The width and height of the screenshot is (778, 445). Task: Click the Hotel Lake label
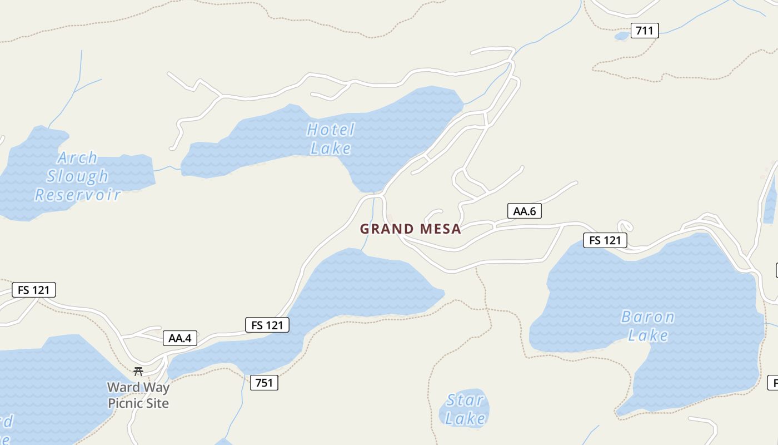pyautogui.click(x=331, y=139)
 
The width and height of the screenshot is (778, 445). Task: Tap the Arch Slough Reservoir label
pyautogui.click(x=77, y=176)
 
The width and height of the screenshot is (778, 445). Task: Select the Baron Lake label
pyautogui.click(x=647, y=326)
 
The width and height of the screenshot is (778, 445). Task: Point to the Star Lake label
pyautogui.click(x=466, y=409)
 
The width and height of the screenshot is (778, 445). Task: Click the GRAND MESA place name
pyautogui.click(x=411, y=229)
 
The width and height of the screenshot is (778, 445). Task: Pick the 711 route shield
pyautogui.click(x=644, y=31)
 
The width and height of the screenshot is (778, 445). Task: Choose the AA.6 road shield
pyautogui.click(x=524, y=211)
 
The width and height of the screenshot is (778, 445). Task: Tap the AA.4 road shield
pyautogui.click(x=180, y=338)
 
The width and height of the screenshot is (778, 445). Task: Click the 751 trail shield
pyautogui.click(x=264, y=383)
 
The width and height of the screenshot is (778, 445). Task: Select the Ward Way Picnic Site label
pyautogui.click(x=138, y=395)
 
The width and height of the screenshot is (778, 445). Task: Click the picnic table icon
pyautogui.click(x=138, y=372)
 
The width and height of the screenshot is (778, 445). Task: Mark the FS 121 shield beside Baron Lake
pyautogui.click(x=605, y=240)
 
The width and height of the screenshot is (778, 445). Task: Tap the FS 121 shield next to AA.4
pyautogui.click(x=267, y=325)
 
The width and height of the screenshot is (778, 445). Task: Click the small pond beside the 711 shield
pyautogui.click(x=622, y=36)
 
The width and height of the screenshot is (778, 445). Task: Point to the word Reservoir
pyautogui.click(x=78, y=195)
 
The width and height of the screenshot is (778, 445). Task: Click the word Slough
pyautogui.click(x=78, y=176)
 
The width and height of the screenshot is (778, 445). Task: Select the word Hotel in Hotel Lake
pyautogui.click(x=331, y=130)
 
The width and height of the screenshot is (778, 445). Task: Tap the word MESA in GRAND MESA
pyautogui.click(x=441, y=229)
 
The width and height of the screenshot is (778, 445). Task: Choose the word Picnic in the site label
pyautogui.click(x=126, y=403)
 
